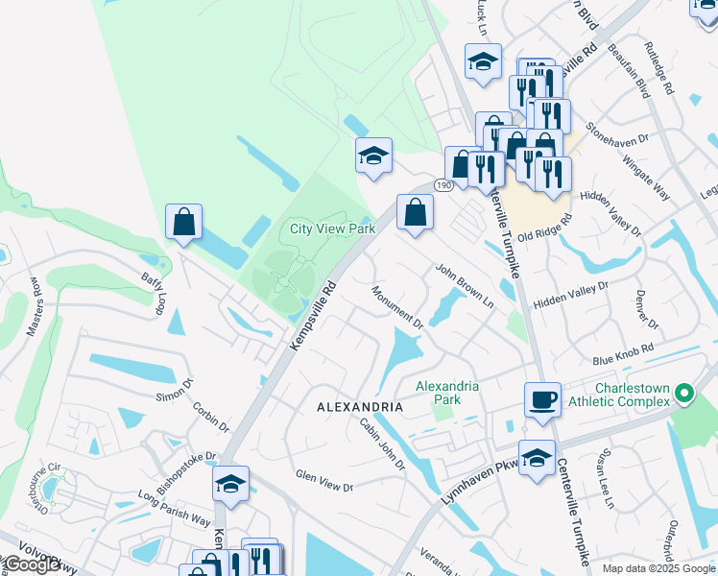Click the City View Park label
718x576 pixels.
pyautogui.click(x=333, y=229)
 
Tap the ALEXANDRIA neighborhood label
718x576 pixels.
pyautogui.click(x=360, y=407)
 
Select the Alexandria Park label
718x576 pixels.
pyautogui.click(x=447, y=393)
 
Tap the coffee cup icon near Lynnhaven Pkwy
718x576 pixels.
pyautogui.click(x=542, y=397)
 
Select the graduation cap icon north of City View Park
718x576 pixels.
pyautogui.click(x=373, y=156)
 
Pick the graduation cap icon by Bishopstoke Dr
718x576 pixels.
pyautogui.click(x=230, y=484)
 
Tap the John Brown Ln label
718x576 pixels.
pyautogui.click(x=465, y=285)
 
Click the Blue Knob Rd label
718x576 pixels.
pyautogui.click(x=623, y=353)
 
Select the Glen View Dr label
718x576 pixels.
pyautogui.click(x=324, y=481)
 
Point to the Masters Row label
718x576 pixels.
pyautogui.click(x=36, y=307)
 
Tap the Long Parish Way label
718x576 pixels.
pyautogui.click(x=174, y=508)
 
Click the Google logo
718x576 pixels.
pyautogui.click(x=32, y=565)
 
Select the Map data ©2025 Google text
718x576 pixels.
pyautogui.click(x=658, y=568)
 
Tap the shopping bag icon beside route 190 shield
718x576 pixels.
pyautogui.click(x=414, y=212)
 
